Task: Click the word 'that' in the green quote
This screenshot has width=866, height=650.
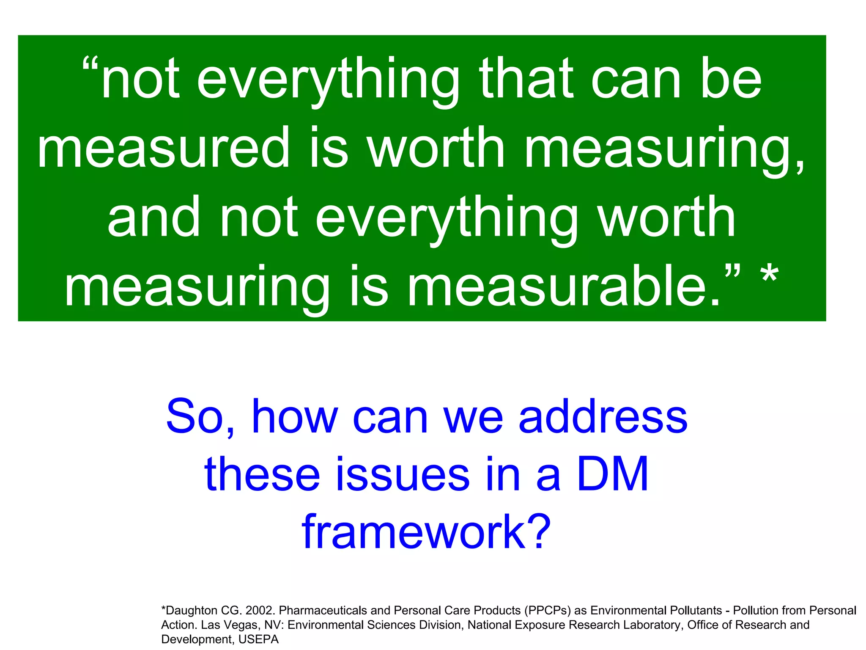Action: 526,80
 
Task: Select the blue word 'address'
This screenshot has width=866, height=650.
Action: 603,417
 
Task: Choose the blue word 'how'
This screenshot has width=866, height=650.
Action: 295,417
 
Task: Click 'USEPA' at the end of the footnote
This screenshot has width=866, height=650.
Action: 258,639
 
